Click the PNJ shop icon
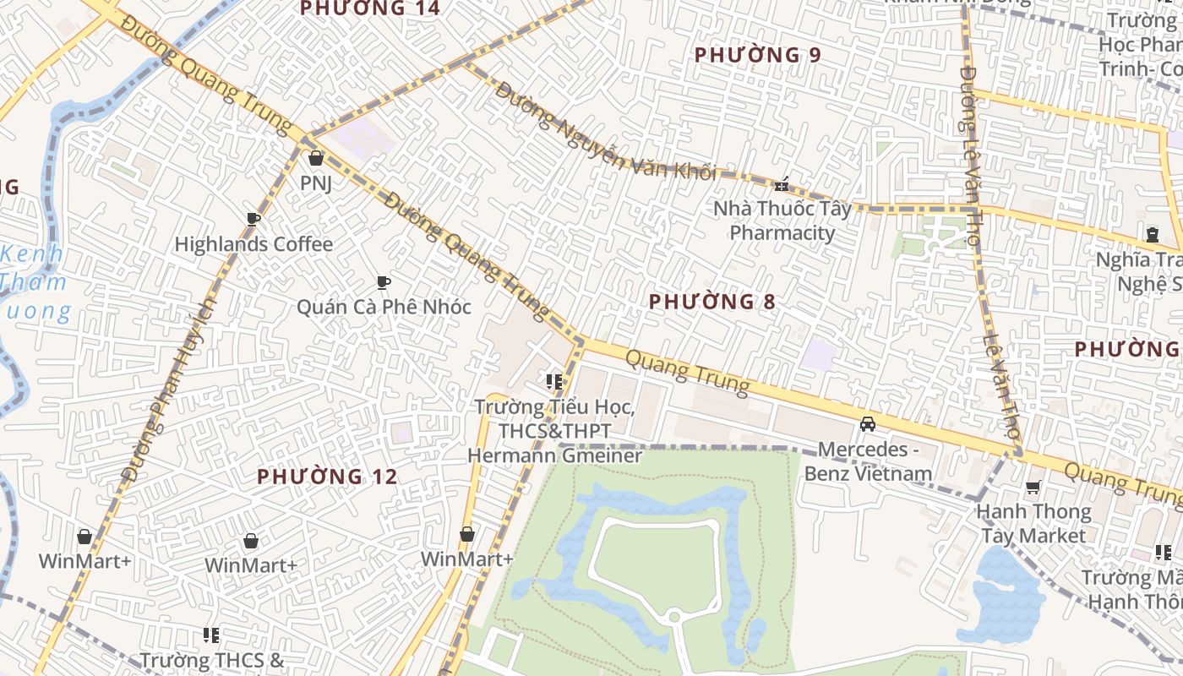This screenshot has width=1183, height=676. pyautogui.click(x=316, y=158)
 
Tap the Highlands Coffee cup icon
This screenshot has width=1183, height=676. pyautogui.click(x=253, y=220)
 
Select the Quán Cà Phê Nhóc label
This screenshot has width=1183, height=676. pyautogui.click(x=384, y=306)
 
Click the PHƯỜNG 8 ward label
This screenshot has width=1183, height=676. pyautogui.click(x=712, y=302)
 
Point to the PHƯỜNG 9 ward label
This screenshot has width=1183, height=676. pyautogui.click(x=757, y=56)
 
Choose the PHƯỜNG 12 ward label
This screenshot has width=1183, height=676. pyautogui.click(x=327, y=477)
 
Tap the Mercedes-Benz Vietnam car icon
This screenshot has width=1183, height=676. pyautogui.click(x=868, y=423)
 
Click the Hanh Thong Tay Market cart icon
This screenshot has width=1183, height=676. pyautogui.click(x=1033, y=487)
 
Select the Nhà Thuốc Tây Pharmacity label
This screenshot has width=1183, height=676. pyautogui.click(x=782, y=221)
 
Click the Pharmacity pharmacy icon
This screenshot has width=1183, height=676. pyautogui.click(x=782, y=183)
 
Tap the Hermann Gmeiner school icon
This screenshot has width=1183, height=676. pyautogui.click(x=554, y=382)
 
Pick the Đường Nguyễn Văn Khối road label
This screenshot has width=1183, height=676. pyautogui.click(x=605, y=131)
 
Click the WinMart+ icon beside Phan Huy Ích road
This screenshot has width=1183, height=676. pyautogui.click(x=84, y=537)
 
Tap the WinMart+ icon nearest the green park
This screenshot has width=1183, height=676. pyautogui.click(x=466, y=534)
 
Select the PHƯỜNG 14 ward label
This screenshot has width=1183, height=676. pyautogui.click(x=370, y=8)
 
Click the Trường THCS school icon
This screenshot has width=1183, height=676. pyautogui.click(x=211, y=635)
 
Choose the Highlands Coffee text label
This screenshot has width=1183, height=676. pyautogui.click(x=253, y=244)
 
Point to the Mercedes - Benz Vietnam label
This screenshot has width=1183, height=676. pyautogui.click(x=868, y=461)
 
